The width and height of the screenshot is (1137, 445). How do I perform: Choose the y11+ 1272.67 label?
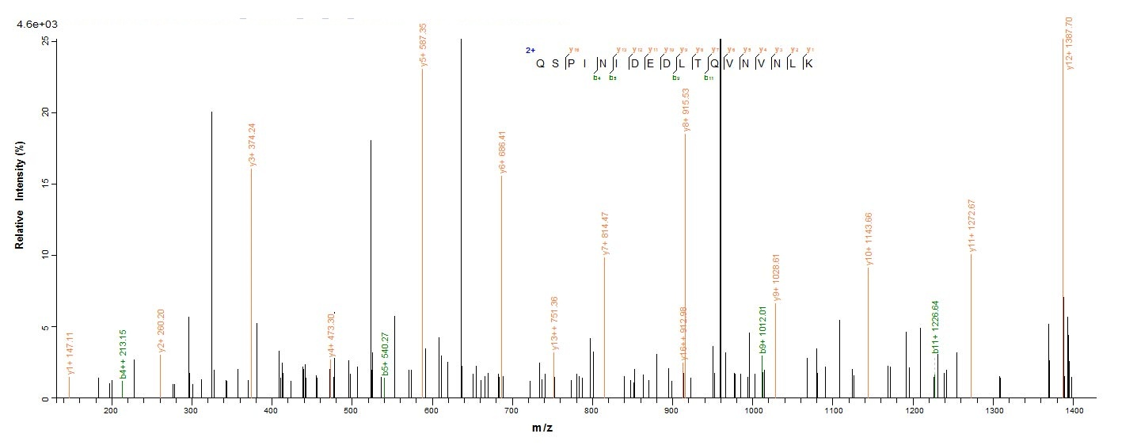(x=972, y=227)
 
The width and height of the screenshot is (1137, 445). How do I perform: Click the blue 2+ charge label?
(x=530, y=50)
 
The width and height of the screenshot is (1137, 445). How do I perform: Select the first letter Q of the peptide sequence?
(x=540, y=64)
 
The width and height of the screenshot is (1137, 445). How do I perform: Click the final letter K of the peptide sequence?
(x=808, y=64)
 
